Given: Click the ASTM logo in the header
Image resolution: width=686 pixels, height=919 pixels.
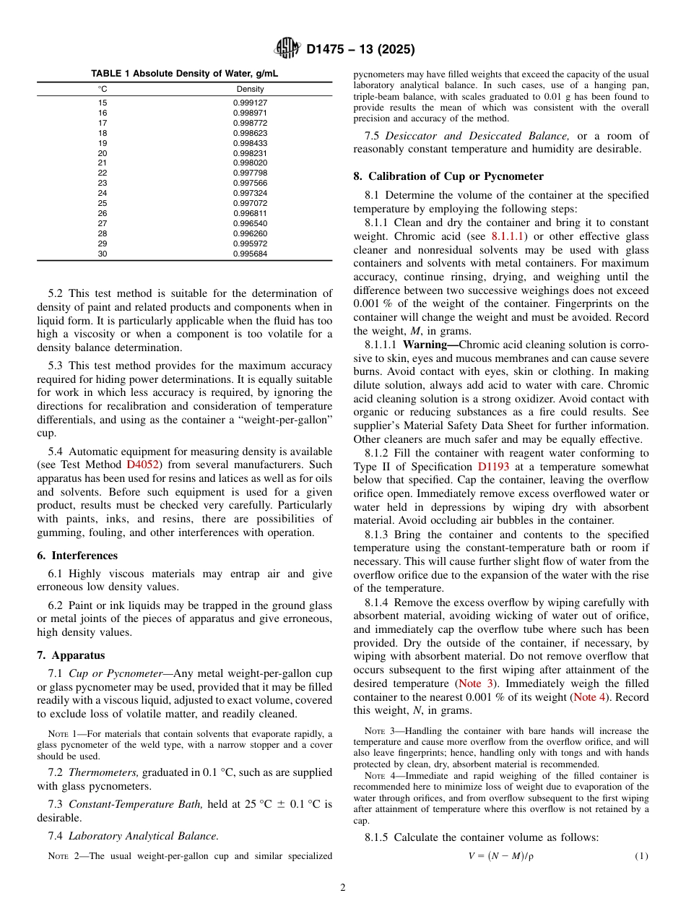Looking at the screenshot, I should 287,49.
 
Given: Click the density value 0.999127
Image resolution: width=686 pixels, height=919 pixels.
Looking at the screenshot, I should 250,103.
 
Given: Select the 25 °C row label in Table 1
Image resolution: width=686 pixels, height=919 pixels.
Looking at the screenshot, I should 103,203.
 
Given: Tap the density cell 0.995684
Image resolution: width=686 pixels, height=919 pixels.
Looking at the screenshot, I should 250,254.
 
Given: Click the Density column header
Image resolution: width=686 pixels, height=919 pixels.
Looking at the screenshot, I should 250,89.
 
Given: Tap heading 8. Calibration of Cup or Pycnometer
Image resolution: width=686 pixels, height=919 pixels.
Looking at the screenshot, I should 448,176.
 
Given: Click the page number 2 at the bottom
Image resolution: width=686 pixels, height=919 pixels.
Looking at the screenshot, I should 343,888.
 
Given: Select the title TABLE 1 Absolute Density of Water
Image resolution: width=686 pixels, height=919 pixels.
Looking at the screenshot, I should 184,74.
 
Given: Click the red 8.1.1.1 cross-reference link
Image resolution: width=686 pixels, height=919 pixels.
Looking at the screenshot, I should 508,236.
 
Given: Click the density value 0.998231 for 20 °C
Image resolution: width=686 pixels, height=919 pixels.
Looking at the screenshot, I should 250,153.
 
